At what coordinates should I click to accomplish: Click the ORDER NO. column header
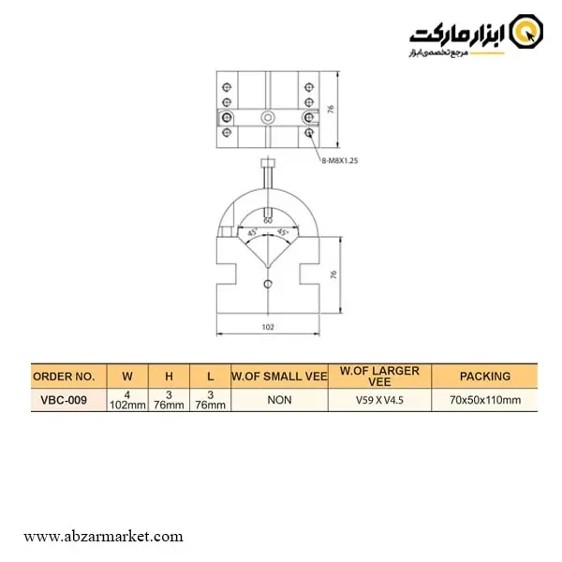[x=64, y=377]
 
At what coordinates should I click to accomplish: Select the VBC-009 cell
[x=64, y=400]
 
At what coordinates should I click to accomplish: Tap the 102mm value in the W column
[x=127, y=405]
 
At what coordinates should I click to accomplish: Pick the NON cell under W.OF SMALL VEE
[x=279, y=400]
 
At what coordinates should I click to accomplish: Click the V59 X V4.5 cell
[x=379, y=400]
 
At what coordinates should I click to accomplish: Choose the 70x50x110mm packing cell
[x=485, y=400]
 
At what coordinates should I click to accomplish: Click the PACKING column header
[x=485, y=377]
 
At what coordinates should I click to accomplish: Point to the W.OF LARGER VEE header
[x=379, y=376]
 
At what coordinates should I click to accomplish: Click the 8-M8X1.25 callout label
[x=340, y=160]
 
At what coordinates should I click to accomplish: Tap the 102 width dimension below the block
[x=268, y=327]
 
